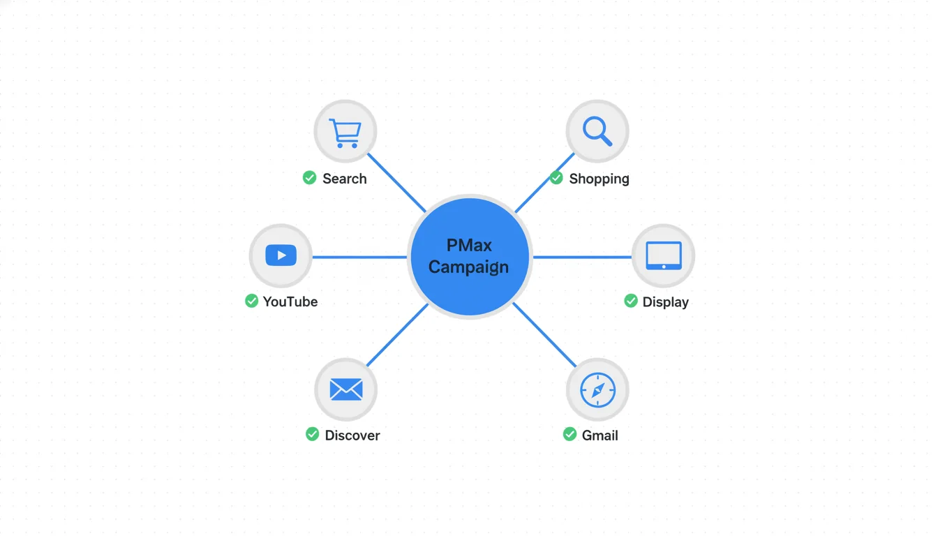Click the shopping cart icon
pos(345,132)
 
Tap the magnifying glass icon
pos(597,131)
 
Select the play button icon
pos(281,255)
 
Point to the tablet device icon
pos(663,255)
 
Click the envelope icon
pos(345,389)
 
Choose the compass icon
pos(597,389)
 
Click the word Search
pos(344,179)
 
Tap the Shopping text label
pos(599,179)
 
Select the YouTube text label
pos(290,301)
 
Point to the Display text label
pos(665,302)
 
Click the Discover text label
pos(352,435)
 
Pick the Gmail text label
pos(600,435)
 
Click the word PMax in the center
pos(469,245)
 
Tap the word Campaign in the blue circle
pos(468,267)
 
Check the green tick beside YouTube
pos(251,301)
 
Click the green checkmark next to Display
pos(630,301)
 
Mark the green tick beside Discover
pos(312,434)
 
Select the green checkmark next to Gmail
pos(569,434)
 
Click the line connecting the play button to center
pos(359,257)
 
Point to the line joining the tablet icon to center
pos(582,257)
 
